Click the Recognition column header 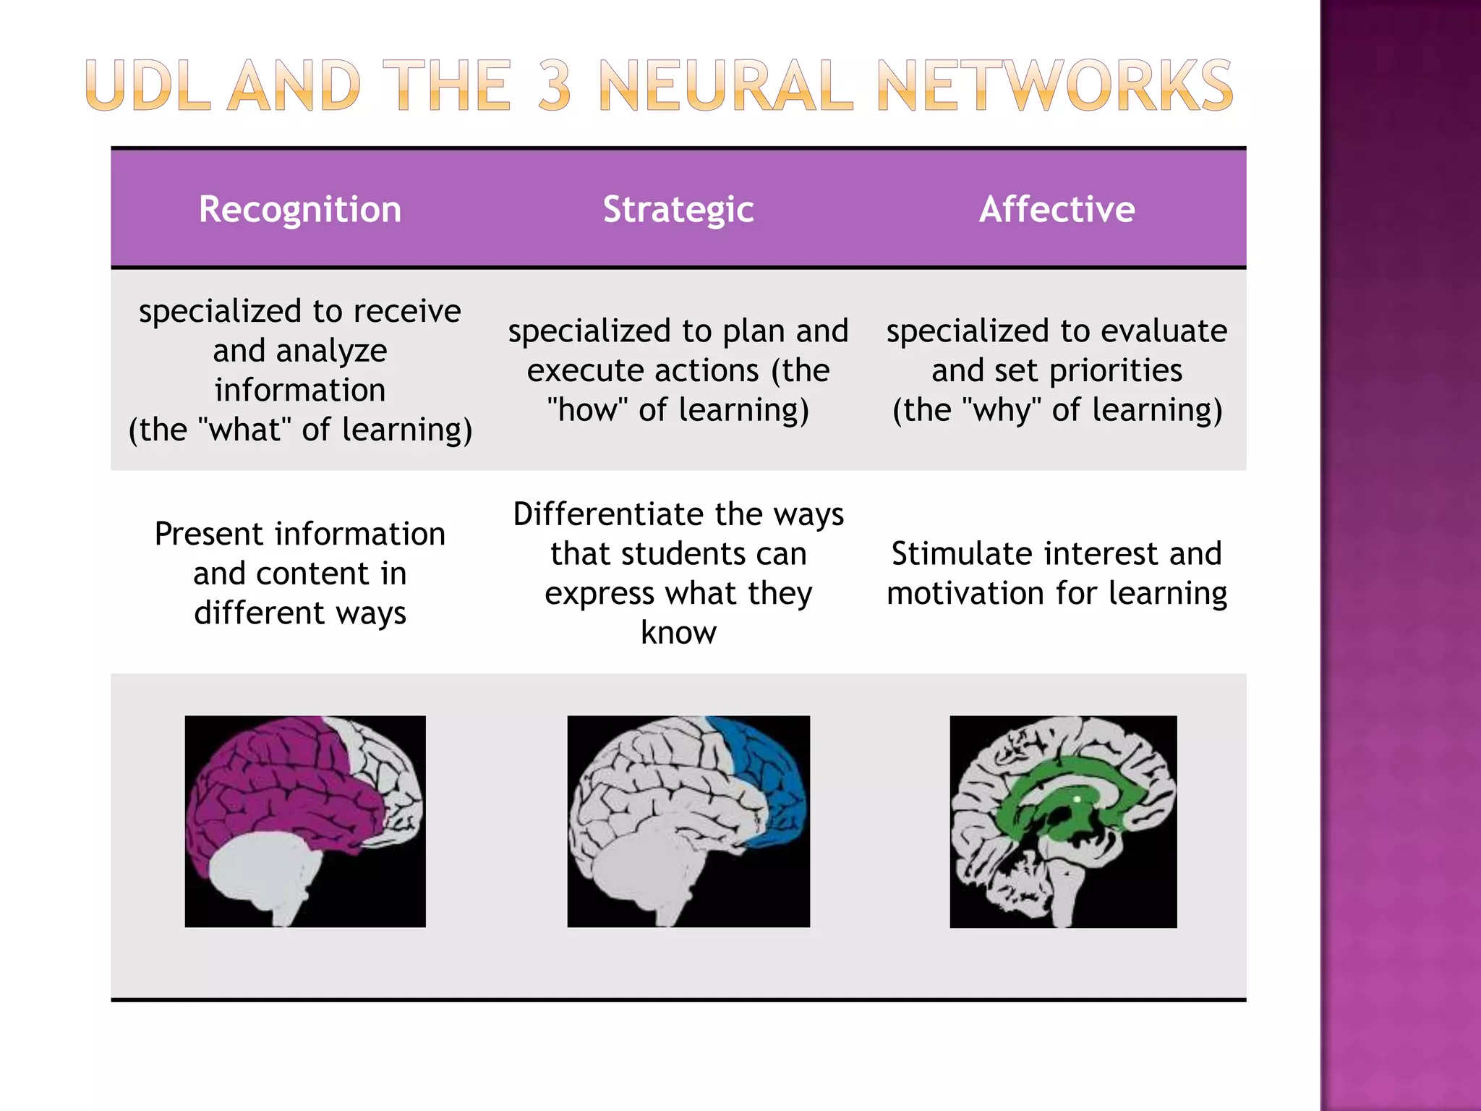299,210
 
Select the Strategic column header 678,210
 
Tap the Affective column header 1057,210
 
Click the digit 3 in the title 555,86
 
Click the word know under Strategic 678,633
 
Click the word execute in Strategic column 571,371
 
